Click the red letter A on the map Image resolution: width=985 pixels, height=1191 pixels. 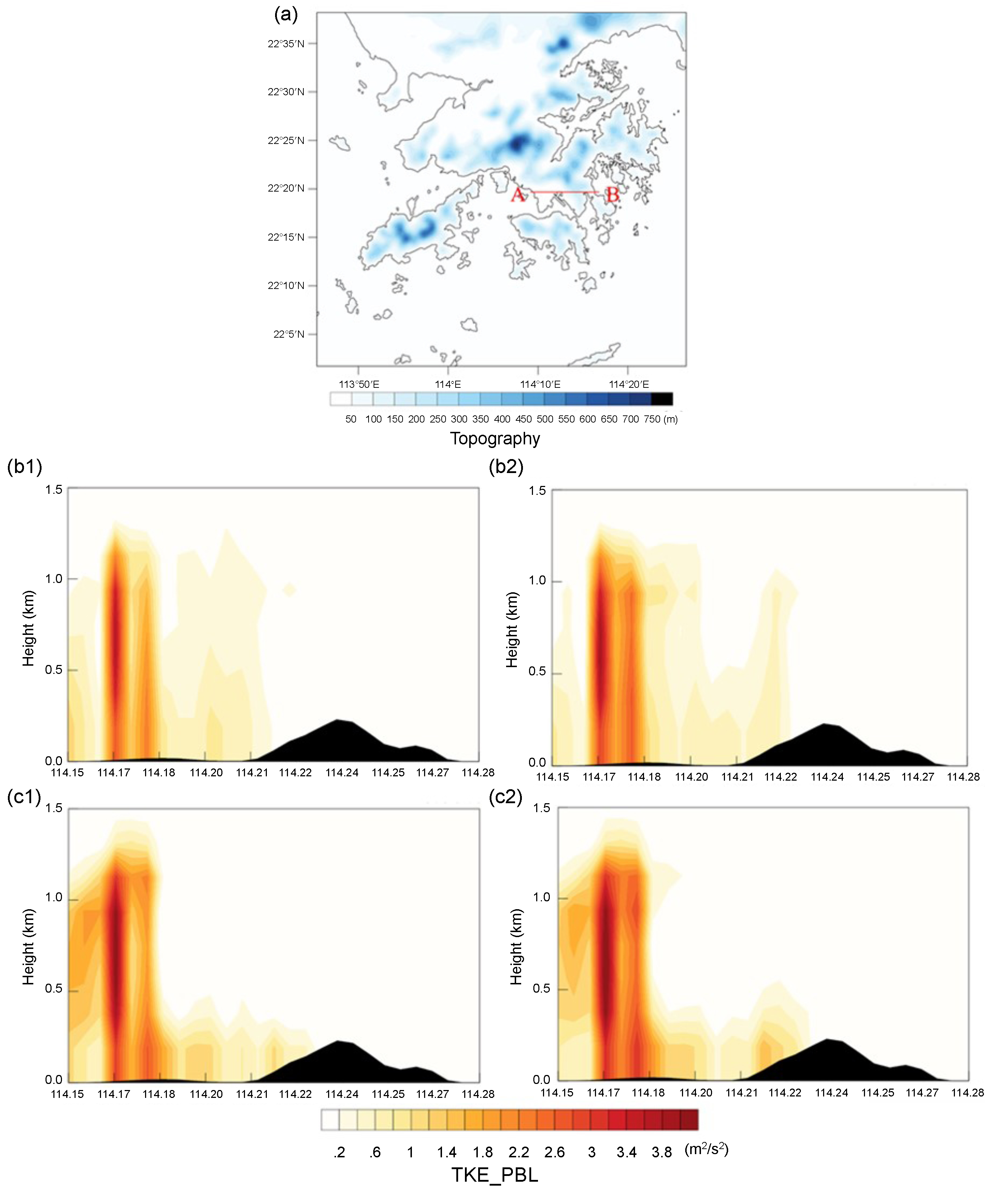[x=518, y=195]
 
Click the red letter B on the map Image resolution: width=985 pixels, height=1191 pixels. [x=612, y=195]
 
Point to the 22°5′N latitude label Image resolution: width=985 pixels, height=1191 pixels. [x=289, y=334]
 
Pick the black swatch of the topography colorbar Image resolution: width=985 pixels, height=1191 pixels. [x=662, y=399]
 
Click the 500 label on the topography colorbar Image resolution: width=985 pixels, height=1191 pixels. [x=545, y=419]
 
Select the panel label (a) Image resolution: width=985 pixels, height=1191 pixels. [x=286, y=15]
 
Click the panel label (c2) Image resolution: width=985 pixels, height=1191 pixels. [x=505, y=797]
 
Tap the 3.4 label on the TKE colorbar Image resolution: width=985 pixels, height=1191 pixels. [x=626, y=1152]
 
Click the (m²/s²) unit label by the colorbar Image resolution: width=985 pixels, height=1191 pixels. [x=706, y=1149]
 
